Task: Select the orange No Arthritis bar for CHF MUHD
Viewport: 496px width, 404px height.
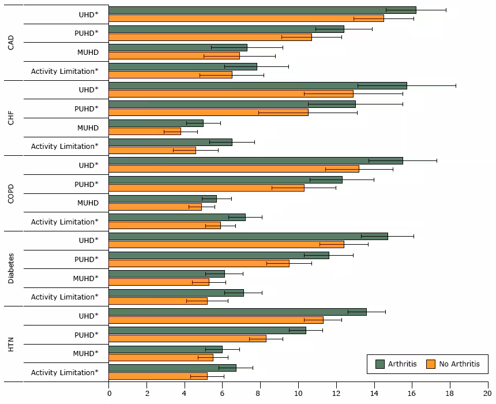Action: click(x=145, y=132)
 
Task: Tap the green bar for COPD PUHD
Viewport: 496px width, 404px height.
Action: click(x=225, y=180)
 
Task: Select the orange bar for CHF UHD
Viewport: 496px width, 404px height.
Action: click(x=231, y=93)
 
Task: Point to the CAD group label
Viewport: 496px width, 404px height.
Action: click(x=11, y=43)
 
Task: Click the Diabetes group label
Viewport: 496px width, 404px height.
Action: click(x=11, y=268)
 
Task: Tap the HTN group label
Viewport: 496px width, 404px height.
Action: click(x=11, y=345)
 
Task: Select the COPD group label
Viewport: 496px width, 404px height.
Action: click(x=11, y=193)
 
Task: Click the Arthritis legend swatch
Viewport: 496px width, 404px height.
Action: click(x=379, y=364)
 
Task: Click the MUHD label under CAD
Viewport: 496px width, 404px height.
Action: click(x=88, y=53)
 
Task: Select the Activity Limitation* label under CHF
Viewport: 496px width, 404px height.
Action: click(x=65, y=147)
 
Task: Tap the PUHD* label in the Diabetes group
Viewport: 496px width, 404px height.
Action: click(x=86, y=259)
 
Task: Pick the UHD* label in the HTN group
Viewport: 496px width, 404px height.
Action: click(x=88, y=316)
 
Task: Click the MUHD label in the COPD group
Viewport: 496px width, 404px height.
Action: click(x=88, y=203)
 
